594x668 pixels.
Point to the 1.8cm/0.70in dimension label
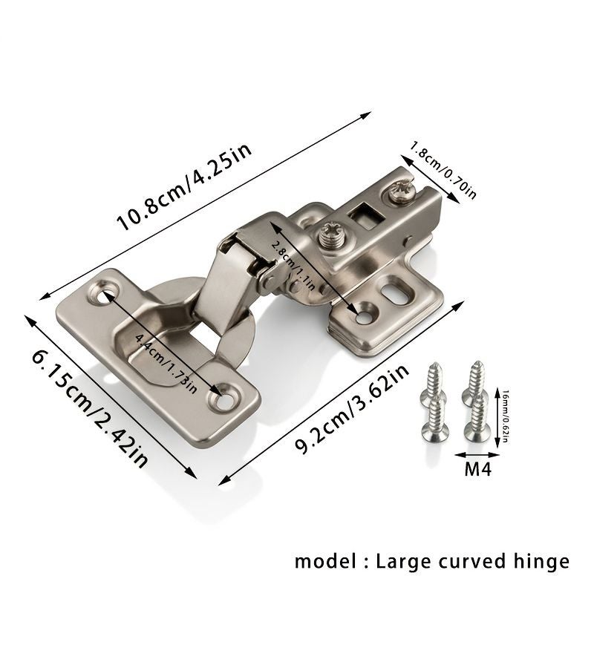click(x=443, y=170)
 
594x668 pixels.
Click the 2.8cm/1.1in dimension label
click(x=293, y=264)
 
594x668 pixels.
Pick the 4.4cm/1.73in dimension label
click(x=166, y=363)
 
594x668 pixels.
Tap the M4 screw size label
click(x=477, y=469)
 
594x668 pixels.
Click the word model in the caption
click(x=325, y=561)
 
